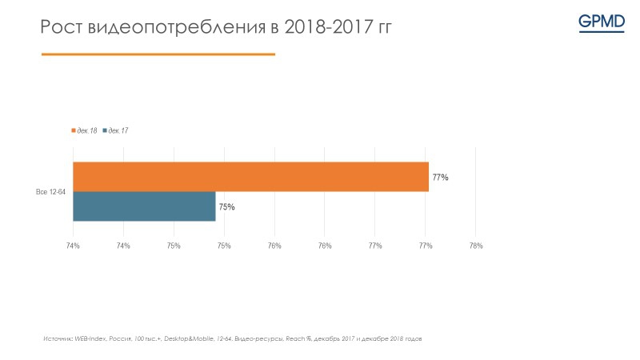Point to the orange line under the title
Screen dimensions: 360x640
[x=158, y=54]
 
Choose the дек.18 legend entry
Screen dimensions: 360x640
[x=84, y=130]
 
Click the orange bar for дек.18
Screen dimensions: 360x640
[x=250, y=177]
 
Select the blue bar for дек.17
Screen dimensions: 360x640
[x=144, y=206]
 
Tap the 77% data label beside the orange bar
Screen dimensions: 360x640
[x=440, y=178]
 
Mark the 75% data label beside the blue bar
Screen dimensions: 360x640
[x=226, y=207]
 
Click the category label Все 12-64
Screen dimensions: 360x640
[x=50, y=192]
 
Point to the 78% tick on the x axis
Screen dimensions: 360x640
[x=475, y=246]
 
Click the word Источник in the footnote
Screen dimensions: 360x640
[x=58, y=339]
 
